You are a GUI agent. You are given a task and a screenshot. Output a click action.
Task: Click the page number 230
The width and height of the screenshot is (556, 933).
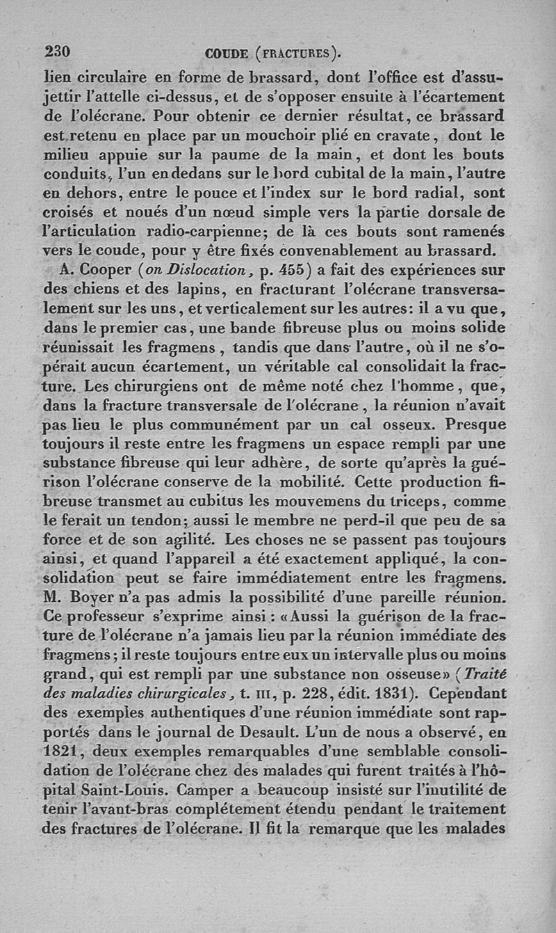click(x=58, y=52)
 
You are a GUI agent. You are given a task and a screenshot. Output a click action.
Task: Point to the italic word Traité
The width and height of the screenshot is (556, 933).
click(x=486, y=676)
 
